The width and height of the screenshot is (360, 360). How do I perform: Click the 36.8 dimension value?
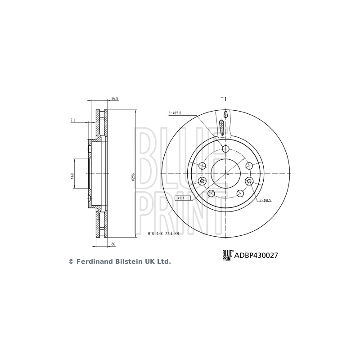coord(115,98)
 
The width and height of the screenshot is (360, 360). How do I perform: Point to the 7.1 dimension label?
coord(73,120)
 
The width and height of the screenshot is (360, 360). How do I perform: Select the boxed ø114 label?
coord(182,198)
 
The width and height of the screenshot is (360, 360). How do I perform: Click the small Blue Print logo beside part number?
coord(228,255)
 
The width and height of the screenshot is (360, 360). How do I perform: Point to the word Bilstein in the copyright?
coord(124,261)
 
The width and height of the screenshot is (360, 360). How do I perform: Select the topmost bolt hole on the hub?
coord(226,149)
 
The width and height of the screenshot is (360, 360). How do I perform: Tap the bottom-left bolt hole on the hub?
coord(211,193)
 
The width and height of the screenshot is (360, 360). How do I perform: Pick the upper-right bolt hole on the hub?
coord(248,165)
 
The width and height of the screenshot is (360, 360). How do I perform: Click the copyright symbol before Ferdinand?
coord(70,261)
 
